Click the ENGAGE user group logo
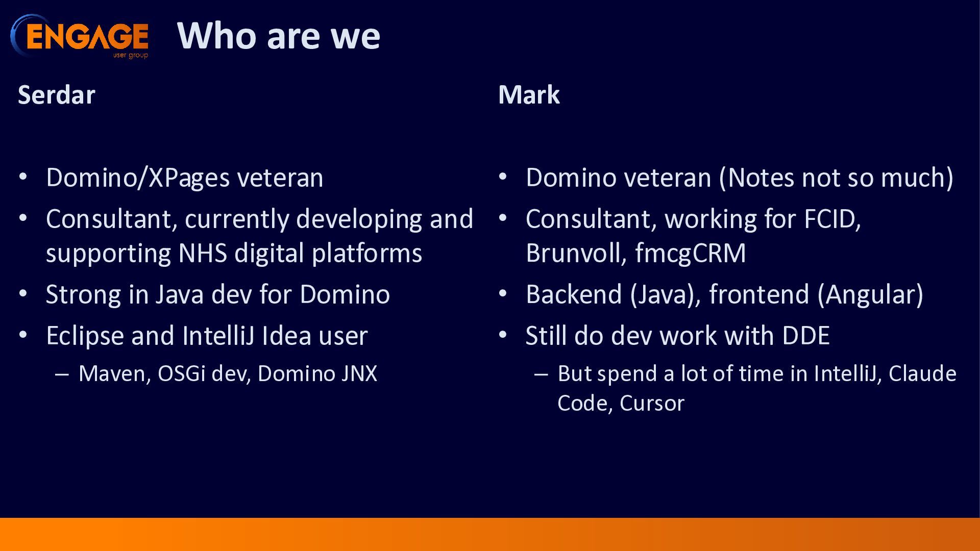[80, 36]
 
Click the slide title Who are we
[279, 36]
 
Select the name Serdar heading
[57, 95]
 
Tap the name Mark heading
[529, 95]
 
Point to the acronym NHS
[203, 253]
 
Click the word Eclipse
[85, 336]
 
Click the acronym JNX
[359, 374]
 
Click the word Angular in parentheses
[870, 295]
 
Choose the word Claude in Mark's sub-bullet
[922, 374]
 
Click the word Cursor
[652, 404]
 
